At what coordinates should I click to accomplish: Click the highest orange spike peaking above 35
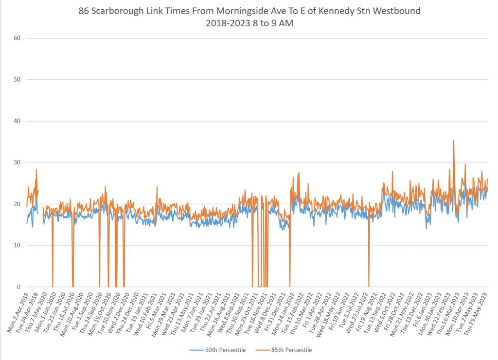[453, 141]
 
